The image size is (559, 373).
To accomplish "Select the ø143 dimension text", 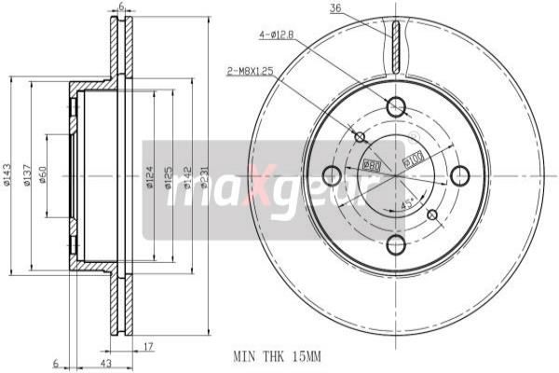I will click(7, 175).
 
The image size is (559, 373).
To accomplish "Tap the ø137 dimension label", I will click(29, 175).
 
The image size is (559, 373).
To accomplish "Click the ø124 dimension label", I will click(150, 175).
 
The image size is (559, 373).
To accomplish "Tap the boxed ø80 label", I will click(370, 164).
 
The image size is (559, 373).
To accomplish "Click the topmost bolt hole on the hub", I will click(396, 105).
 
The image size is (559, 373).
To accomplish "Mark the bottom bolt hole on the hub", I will click(396, 245).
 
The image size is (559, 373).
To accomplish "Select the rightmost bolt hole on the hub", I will click(460, 175).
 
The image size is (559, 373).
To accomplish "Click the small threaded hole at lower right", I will click(431, 215).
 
